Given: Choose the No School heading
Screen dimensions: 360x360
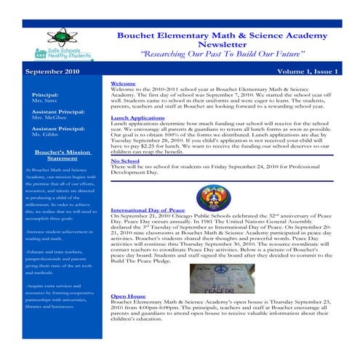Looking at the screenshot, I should pyautogui.click(x=124, y=161).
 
